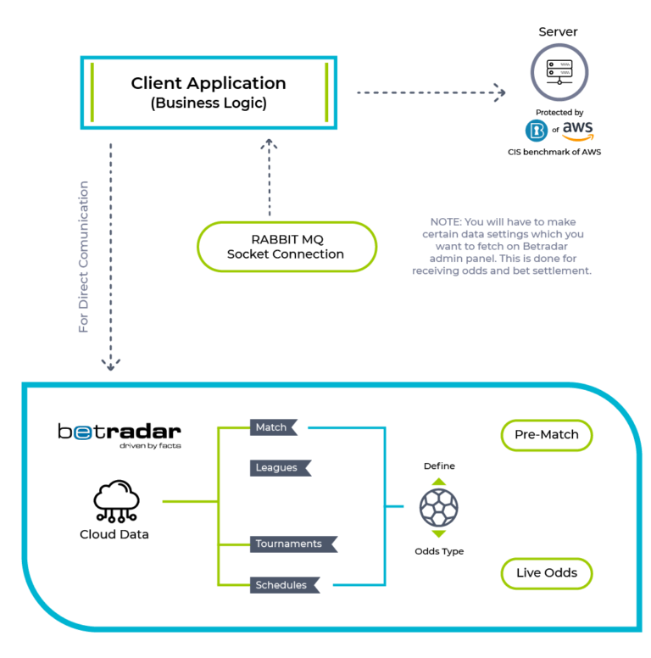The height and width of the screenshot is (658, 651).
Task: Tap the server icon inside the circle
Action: tap(559, 72)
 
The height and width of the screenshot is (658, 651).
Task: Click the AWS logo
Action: tap(578, 131)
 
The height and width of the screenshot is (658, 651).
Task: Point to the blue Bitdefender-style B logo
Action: tap(537, 131)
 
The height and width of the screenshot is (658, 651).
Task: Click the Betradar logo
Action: tap(120, 436)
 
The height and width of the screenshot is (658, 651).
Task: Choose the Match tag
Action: tap(274, 427)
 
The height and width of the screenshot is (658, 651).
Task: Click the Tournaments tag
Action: tap(293, 544)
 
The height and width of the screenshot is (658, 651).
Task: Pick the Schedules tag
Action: tap(285, 585)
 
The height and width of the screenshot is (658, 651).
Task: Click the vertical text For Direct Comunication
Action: tap(83, 257)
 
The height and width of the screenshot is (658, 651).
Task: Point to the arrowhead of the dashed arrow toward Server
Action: tap(504, 92)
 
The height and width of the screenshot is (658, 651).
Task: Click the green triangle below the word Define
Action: tap(439, 482)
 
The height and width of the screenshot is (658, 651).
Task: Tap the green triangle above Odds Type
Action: tap(439, 534)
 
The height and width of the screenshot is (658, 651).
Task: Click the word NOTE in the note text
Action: tap(445, 222)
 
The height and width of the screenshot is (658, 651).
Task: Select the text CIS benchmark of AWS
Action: tap(554, 152)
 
